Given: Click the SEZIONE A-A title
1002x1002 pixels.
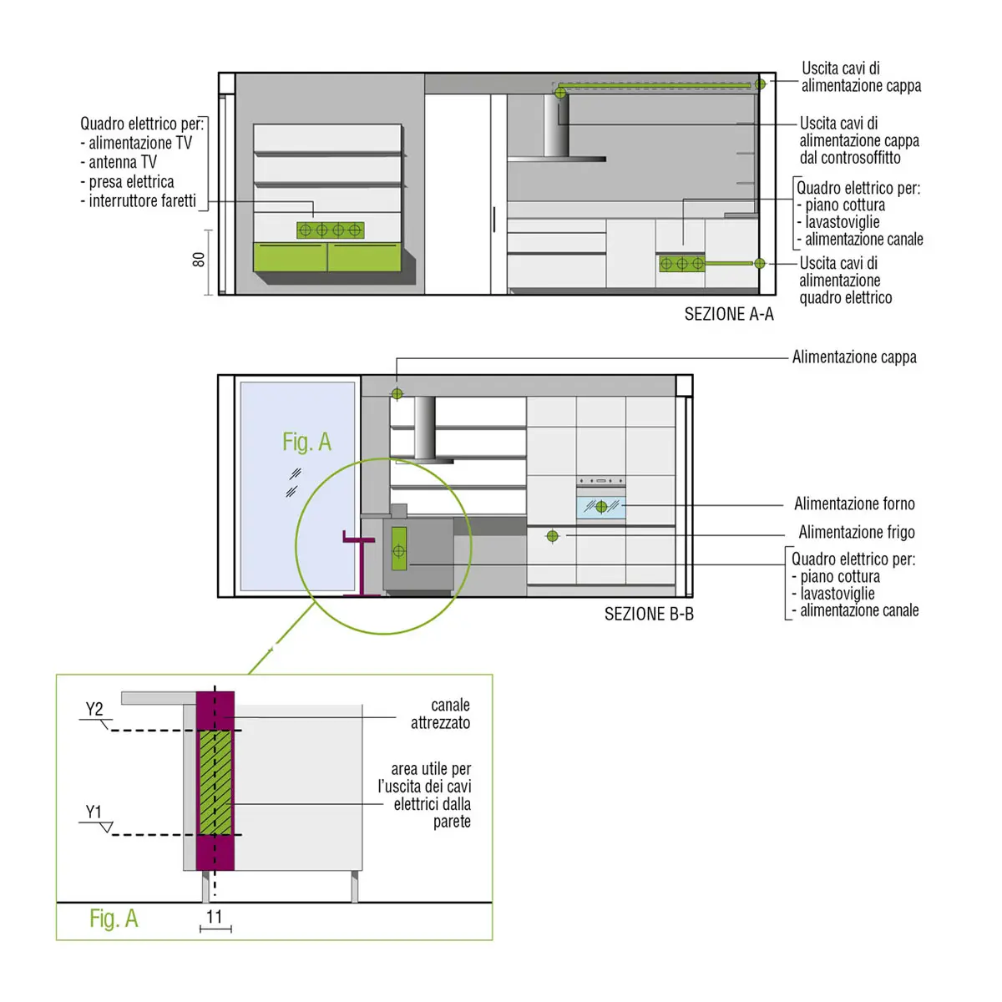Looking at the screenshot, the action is tap(728, 314).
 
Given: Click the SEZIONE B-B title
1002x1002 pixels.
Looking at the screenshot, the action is tap(649, 614).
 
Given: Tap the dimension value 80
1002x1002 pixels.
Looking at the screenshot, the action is tap(199, 260).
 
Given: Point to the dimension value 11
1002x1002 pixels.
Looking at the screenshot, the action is tap(215, 917).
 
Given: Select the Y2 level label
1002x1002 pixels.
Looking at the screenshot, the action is tap(94, 709).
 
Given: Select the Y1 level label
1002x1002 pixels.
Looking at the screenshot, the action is tap(94, 812).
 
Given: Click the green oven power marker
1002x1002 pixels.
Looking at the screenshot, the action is tap(601, 507).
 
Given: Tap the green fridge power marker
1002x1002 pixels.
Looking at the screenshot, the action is tap(552, 535).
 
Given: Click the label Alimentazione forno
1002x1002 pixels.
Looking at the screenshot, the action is tap(854, 504).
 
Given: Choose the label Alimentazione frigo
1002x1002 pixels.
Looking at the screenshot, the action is tap(857, 533).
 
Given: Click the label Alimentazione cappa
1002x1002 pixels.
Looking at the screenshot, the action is tap(854, 357).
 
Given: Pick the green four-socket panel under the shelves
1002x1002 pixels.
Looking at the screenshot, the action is tap(330, 230).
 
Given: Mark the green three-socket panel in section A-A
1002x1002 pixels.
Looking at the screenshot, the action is tap(682, 264).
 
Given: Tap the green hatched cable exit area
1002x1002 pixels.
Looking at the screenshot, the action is tap(215, 782).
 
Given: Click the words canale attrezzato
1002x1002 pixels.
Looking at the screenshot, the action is tap(440, 714).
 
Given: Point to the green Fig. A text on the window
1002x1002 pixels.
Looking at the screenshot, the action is tap(306, 442).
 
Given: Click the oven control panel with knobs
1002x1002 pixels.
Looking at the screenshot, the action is tap(600, 481).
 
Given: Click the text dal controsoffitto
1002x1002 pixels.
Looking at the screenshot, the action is tap(850, 158).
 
